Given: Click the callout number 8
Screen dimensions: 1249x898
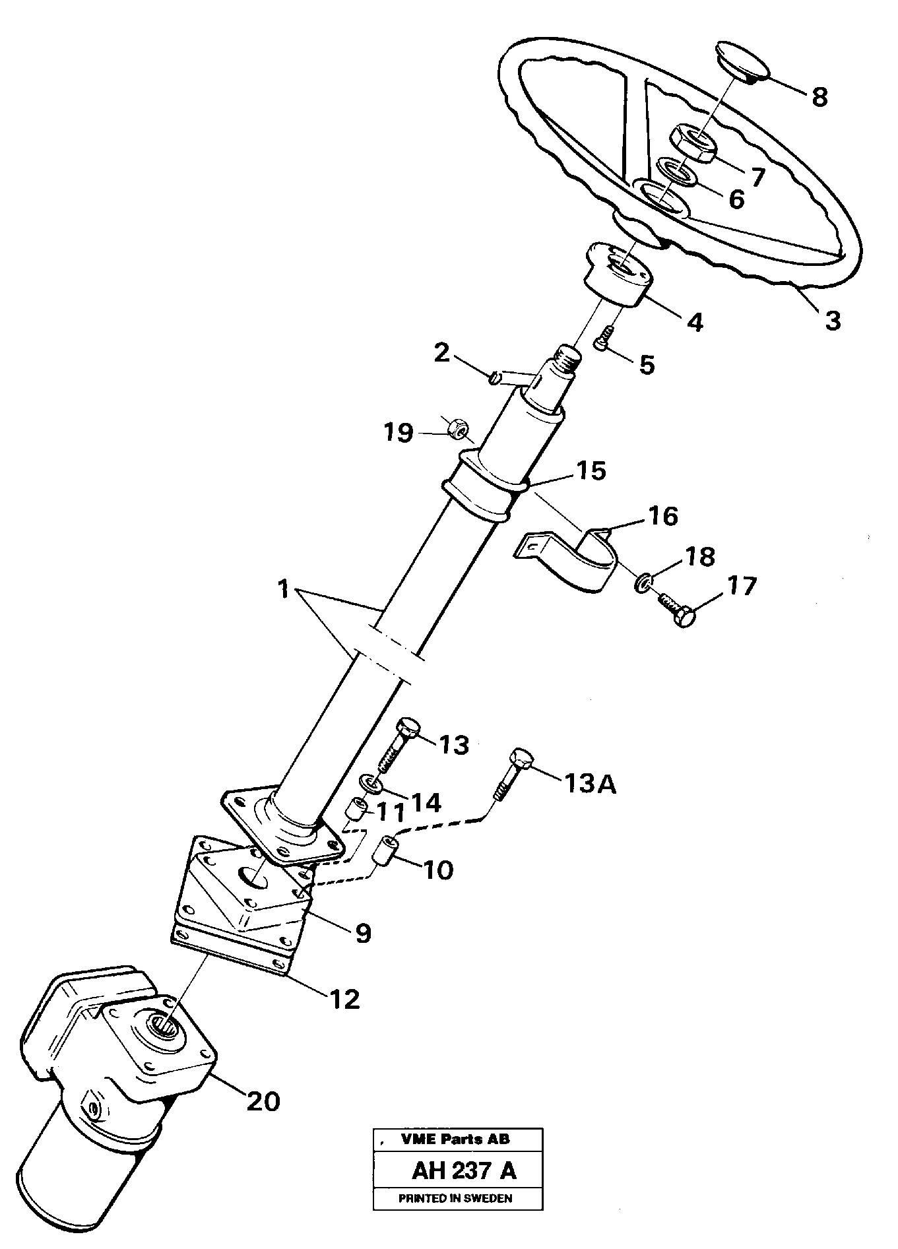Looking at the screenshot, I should tap(819, 97).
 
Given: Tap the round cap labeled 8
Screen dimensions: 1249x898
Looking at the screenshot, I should tap(742, 61).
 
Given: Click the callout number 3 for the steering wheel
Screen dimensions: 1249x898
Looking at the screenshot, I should tap(833, 321).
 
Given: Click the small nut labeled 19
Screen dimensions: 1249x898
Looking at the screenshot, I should tap(455, 428).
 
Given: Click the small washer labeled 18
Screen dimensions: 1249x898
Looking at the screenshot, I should tap(643, 582).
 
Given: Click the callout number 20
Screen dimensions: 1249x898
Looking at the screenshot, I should tap(263, 1101).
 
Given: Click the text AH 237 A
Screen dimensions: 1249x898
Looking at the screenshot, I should tap(464, 1170).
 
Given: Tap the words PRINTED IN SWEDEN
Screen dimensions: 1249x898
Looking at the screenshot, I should tap(455, 1198).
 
